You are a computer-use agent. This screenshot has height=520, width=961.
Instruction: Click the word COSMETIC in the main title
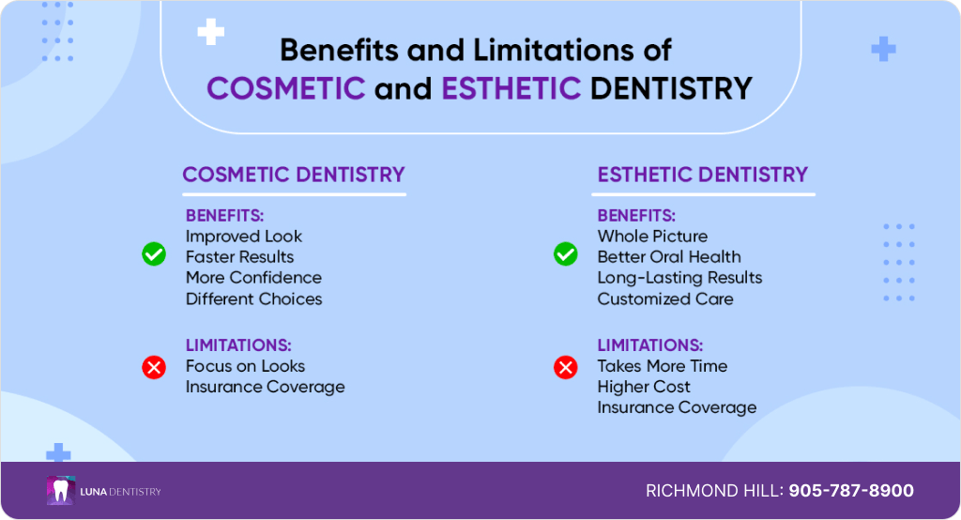coord(286,88)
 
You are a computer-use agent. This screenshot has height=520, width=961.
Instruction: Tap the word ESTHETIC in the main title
coord(511,88)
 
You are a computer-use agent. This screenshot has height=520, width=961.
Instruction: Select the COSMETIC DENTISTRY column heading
coord(294,175)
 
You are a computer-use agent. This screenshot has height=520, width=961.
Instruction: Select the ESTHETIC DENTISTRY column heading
coord(702,175)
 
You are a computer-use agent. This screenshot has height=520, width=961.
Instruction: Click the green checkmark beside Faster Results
coord(154,253)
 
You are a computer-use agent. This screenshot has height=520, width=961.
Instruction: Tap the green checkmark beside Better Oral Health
coord(566,253)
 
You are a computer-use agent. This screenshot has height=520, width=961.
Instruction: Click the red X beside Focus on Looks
coord(154,367)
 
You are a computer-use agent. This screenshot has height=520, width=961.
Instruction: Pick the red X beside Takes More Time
coord(566,367)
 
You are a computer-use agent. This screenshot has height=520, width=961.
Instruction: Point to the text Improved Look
coord(244,237)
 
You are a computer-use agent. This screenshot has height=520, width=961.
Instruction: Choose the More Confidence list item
coord(253,278)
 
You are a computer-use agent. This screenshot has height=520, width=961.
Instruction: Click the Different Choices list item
coord(253,298)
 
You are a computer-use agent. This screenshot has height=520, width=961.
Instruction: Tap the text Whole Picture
coord(652,237)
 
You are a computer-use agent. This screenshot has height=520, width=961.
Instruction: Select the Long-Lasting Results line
coord(679,278)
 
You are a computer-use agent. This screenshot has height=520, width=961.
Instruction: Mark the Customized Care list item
coord(665,298)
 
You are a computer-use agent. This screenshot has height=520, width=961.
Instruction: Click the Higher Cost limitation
coord(644,387)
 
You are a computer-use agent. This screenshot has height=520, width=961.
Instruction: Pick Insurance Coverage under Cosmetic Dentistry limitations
coord(266,387)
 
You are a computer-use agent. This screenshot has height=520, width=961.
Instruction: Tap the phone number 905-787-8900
coord(850,491)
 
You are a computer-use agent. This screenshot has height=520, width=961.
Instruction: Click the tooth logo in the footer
coord(61,491)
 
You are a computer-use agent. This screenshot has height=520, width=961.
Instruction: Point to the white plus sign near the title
coord(211,32)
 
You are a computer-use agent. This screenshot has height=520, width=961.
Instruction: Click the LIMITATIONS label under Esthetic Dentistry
coord(650,345)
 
